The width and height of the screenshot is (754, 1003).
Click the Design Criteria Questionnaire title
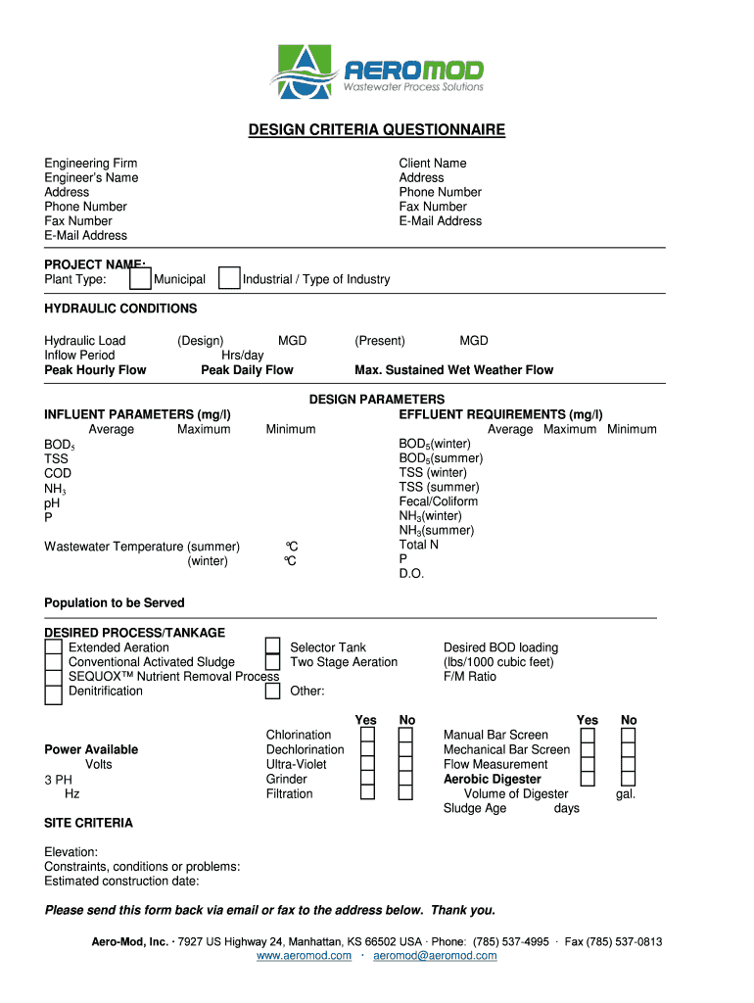point(376,130)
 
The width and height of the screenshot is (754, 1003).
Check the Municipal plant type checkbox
point(140,279)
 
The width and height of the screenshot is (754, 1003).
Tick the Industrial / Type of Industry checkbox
point(229,279)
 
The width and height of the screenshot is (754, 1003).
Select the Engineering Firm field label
point(91,163)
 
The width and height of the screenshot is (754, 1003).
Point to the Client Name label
point(432,163)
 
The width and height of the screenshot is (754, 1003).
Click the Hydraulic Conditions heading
point(120,309)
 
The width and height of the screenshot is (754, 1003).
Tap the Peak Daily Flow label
point(247,370)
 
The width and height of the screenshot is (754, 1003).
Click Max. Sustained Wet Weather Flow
point(453,370)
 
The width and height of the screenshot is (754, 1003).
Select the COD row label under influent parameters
point(58,473)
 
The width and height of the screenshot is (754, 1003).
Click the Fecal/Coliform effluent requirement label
point(438,501)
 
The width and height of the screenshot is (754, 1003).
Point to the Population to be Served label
point(115,603)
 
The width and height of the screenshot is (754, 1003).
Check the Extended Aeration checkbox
point(54,648)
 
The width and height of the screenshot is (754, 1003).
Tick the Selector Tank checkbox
point(273,647)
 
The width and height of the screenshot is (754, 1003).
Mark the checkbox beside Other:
point(273,692)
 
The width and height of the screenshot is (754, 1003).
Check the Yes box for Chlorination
point(367,736)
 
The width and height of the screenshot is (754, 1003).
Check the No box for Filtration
point(405,794)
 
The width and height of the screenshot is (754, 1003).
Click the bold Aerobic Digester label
point(492,780)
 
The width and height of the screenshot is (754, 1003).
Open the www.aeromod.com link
point(304,956)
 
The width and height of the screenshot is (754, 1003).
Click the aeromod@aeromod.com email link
point(435,956)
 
